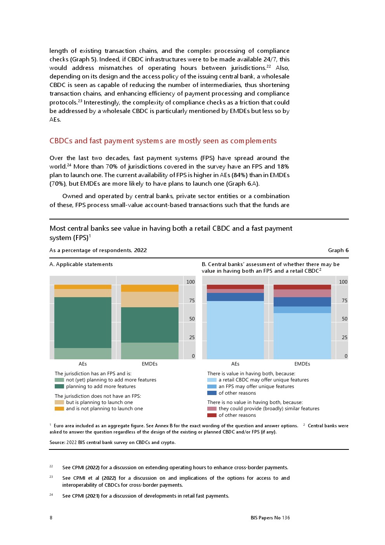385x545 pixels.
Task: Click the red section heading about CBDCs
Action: [x=163, y=141]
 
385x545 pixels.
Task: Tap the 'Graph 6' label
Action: [x=338, y=251]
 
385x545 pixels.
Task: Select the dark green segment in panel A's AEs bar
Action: [x=83, y=322]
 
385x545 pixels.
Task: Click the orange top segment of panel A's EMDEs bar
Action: [x=149, y=288]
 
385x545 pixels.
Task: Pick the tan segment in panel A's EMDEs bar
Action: [x=149, y=299]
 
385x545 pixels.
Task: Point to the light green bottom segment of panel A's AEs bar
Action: [x=83, y=353]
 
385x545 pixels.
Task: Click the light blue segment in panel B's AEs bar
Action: [x=235, y=330]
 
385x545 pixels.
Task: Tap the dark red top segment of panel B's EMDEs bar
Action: [x=302, y=287]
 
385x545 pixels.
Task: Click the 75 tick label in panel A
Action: [x=192, y=301]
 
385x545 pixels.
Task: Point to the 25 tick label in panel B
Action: [x=344, y=338]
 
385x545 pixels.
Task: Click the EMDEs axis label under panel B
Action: [x=302, y=364]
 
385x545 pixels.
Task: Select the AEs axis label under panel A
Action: [x=83, y=364]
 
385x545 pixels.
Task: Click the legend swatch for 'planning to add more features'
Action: [x=59, y=387]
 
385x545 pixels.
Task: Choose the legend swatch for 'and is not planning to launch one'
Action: [x=59, y=409]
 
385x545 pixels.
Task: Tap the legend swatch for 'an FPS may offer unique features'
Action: [x=212, y=387]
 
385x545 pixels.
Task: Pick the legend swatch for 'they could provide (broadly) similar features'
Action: [x=212, y=409]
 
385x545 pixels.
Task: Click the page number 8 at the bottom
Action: [x=51, y=518]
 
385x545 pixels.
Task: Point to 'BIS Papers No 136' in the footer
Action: [x=270, y=518]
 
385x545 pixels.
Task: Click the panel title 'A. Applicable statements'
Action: [x=81, y=265]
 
